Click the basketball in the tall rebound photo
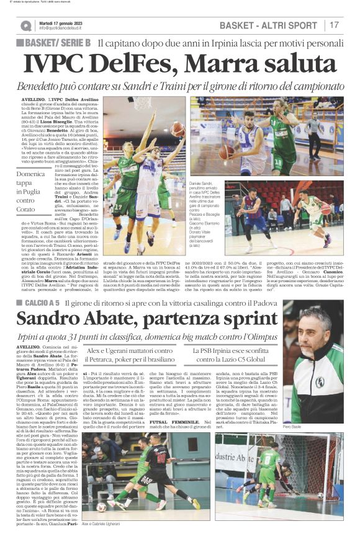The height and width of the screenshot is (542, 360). [x=160, y=128]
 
